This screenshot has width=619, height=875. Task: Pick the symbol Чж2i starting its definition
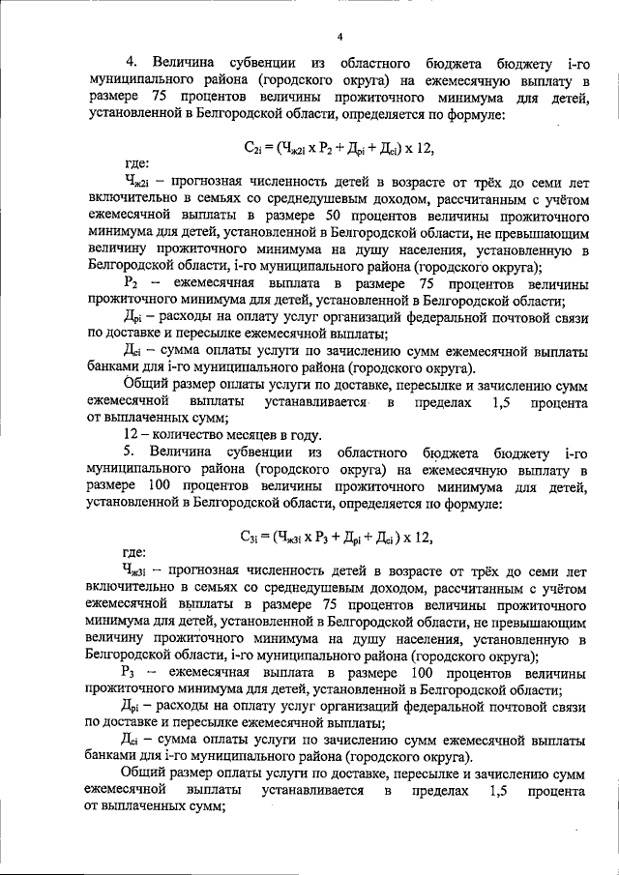136,181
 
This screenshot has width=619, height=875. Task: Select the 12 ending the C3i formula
419,538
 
